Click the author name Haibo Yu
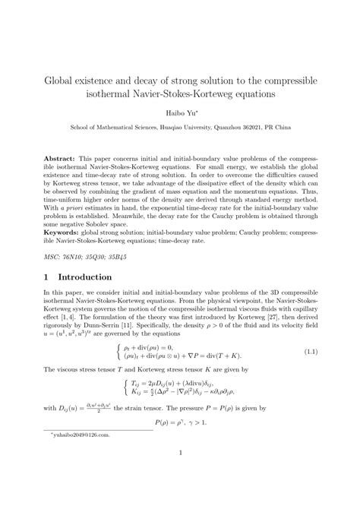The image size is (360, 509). tap(178, 112)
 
